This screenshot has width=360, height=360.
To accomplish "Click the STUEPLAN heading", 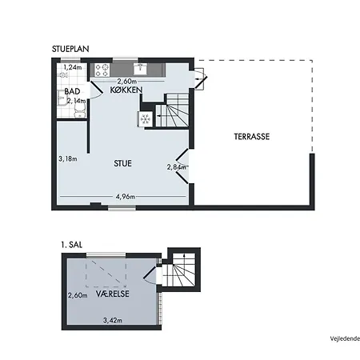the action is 70,49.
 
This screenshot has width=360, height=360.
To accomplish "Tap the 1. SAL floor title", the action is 72,245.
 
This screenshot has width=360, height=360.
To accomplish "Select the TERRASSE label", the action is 252,137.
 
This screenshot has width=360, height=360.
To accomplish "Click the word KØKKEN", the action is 126,90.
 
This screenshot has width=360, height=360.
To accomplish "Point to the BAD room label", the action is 72,91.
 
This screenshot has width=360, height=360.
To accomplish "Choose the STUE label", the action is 122,163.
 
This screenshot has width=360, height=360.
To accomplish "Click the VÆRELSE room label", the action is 113,294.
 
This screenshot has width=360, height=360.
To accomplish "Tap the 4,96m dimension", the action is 126,197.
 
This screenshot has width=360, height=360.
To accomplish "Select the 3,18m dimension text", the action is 68,159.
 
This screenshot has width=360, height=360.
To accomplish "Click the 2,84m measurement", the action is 176,167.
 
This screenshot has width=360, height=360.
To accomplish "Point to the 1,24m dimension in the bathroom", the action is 73,67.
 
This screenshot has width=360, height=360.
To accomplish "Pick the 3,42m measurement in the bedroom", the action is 113,320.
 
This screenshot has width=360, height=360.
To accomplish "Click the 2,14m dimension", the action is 76,101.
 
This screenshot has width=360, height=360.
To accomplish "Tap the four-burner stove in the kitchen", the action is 102,70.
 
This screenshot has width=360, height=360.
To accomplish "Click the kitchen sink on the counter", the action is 141,69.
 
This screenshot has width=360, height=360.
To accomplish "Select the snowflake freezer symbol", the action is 146,118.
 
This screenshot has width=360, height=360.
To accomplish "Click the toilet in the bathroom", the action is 80,111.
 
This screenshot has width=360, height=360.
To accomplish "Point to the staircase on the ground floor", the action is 172,110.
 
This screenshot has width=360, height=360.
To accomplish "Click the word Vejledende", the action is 345,338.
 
